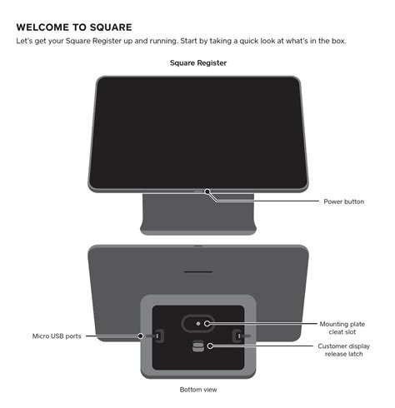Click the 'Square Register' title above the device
(x=197, y=62)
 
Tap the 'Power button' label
(x=343, y=202)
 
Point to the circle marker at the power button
(x=208, y=192)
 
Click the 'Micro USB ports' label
(x=56, y=336)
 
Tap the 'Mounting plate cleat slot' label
(x=341, y=328)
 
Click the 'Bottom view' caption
(x=197, y=389)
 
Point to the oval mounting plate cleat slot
(x=197, y=323)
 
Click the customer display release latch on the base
(x=197, y=346)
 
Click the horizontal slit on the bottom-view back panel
(x=197, y=272)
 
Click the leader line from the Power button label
(x=267, y=202)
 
